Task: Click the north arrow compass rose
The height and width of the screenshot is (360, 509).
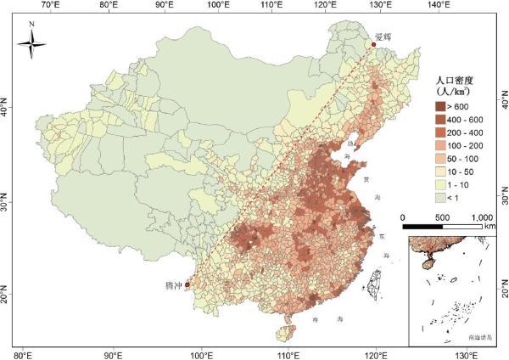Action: point(31,43)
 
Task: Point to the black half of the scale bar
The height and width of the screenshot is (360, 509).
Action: point(422,227)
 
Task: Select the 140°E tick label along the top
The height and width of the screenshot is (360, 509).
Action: point(439,6)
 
